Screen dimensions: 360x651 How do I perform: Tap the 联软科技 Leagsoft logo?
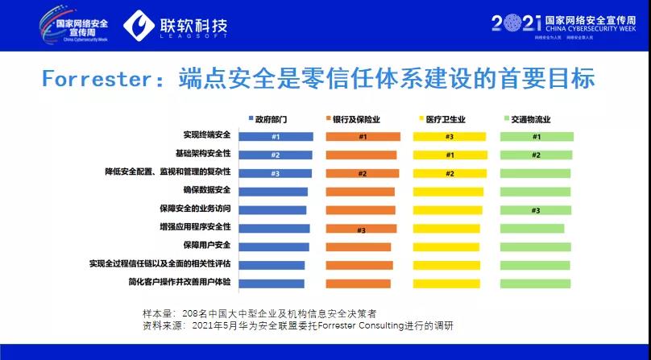click(x=176, y=26)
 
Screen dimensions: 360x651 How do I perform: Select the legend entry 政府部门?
click(x=267, y=118)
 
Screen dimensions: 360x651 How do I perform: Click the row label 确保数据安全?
click(x=206, y=191)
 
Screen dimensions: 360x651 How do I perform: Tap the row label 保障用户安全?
click(x=206, y=246)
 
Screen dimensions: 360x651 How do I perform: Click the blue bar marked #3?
click(x=276, y=173)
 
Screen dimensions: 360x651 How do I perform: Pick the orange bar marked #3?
click(x=360, y=229)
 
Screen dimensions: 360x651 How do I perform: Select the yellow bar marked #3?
click(x=450, y=137)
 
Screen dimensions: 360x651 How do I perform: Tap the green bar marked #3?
click(x=535, y=210)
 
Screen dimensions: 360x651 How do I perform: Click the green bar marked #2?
click(x=536, y=155)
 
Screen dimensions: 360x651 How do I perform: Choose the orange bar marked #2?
click(x=362, y=173)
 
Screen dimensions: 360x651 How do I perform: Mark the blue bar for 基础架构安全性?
click(x=276, y=155)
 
